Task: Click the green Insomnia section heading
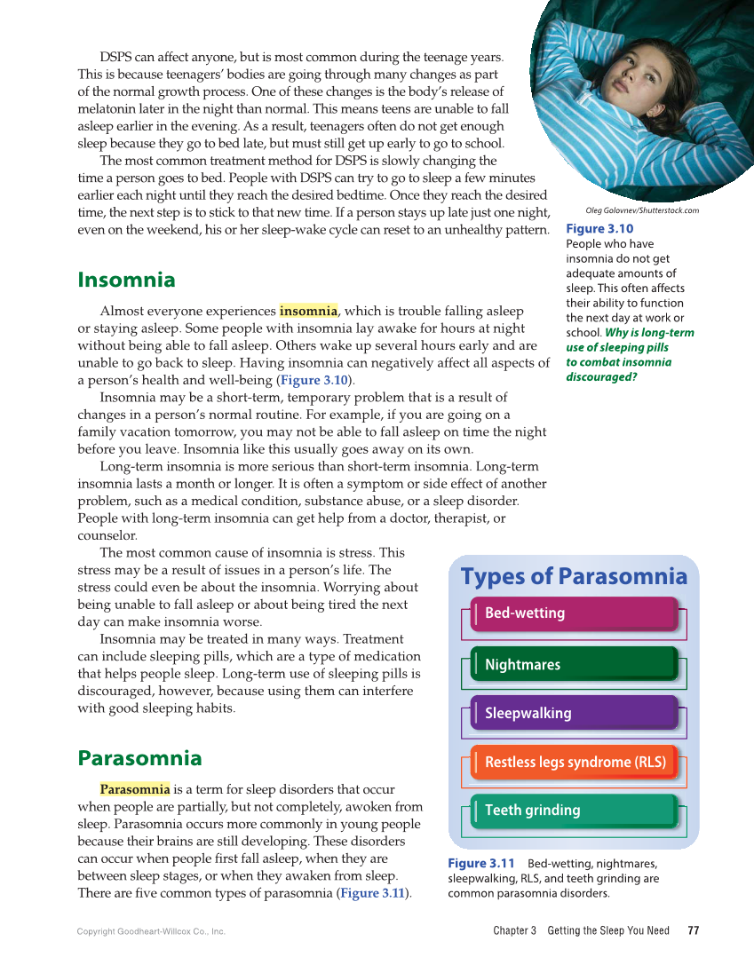126,280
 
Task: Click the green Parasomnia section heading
139,758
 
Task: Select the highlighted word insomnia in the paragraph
308,311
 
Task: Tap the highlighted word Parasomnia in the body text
134,789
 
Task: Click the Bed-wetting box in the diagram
574,613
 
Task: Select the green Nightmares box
574,664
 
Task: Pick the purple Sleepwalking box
574,713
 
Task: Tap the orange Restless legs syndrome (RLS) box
574,762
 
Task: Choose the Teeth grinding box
574,811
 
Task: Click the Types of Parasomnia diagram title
574,577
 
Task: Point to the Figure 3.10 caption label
599,229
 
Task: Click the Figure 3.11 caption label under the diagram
480,864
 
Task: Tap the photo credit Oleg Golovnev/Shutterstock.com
642,210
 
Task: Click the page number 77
694,930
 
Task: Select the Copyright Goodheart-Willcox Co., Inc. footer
151,931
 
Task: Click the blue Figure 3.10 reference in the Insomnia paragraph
314,380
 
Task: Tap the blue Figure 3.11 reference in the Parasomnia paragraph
372,893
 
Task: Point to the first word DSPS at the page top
115,58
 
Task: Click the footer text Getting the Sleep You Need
608,930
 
